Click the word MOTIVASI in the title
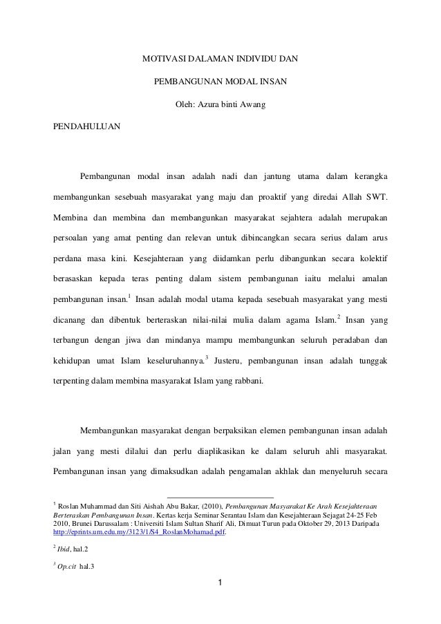pyautogui.click(x=163, y=59)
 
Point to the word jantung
pyautogui.click(x=276, y=171)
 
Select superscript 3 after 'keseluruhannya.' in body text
pyautogui.click(x=207, y=358)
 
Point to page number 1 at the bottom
pyautogui.click(x=220, y=589)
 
